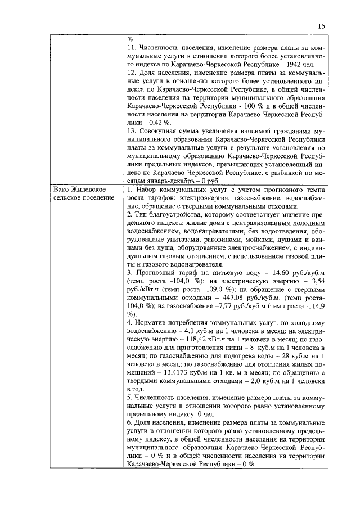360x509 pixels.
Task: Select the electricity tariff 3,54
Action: (317, 280)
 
